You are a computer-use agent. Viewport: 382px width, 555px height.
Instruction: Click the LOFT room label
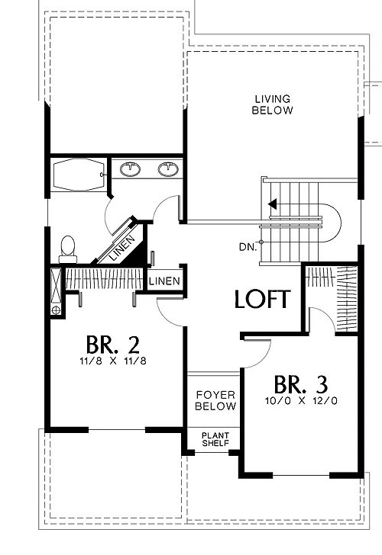[x=263, y=299]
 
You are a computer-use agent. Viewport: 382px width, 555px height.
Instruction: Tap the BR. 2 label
[x=113, y=345]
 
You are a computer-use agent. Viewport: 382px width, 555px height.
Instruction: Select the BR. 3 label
[x=301, y=384]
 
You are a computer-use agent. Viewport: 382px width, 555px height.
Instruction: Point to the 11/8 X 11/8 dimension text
[x=113, y=361]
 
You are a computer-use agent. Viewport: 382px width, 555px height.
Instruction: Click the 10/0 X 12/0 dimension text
[x=301, y=401]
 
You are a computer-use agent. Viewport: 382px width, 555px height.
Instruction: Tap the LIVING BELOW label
[x=273, y=104]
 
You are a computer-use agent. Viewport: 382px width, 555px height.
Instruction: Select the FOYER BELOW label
[x=215, y=400]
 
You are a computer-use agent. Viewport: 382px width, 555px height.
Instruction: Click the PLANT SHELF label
[x=215, y=439]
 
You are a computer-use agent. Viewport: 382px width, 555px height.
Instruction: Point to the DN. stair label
[x=248, y=247]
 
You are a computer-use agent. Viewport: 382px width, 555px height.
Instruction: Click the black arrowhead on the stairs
[x=273, y=204]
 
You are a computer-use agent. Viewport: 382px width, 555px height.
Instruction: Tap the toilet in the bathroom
[x=68, y=249]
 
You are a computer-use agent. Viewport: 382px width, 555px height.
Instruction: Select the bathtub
[x=79, y=175]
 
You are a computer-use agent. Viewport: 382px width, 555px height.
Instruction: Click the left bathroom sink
[x=130, y=169]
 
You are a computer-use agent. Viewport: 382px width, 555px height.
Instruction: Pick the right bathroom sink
[x=168, y=169]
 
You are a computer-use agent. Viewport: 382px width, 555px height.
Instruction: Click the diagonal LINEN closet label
[x=122, y=248]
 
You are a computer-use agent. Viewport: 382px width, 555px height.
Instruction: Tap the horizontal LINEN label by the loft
[x=164, y=281]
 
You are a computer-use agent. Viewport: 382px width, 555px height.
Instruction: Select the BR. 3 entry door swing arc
[x=262, y=357]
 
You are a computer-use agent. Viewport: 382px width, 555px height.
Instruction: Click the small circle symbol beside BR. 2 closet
[x=56, y=310]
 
